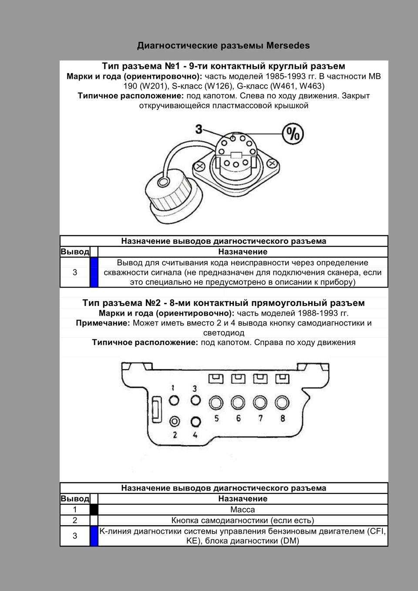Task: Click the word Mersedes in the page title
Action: coord(288,45)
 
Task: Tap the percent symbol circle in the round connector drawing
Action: coord(293,134)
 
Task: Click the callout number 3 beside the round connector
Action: coord(199,129)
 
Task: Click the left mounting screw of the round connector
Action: coord(200,166)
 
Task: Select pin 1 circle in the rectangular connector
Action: coord(174,401)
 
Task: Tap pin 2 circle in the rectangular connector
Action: coord(175,421)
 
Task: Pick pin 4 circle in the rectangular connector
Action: coord(196,422)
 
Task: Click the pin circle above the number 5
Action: coord(216,402)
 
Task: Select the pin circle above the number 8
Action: coord(282,402)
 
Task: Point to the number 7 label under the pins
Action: coord(260,418)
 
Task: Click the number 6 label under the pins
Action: coord(238,418)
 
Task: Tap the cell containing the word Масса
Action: coord(243,510)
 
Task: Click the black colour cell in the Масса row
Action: coord(94,510)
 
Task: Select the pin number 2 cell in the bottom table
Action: coord(75,520)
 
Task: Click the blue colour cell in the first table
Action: coord(94,272)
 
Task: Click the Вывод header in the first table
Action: coord(75,252)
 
